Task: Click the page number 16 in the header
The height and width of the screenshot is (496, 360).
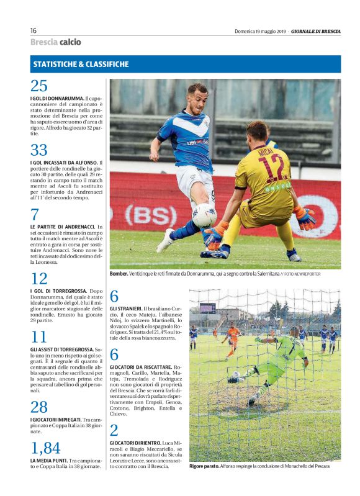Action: coord(34,30)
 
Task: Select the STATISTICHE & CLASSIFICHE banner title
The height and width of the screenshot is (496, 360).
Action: coord(81,64)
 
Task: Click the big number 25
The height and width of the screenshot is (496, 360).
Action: coord(38,86)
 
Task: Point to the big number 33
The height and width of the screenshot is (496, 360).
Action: coord(38,150)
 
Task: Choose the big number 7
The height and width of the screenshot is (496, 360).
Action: coord(35,215)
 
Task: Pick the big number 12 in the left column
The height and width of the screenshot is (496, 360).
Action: coord(38,279)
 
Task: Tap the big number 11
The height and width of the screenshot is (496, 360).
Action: coord(38,337)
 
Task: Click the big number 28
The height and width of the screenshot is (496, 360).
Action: coord(38,407)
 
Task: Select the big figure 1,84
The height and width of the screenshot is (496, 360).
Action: coord(45,448)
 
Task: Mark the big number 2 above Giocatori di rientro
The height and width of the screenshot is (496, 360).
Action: coord(114,430)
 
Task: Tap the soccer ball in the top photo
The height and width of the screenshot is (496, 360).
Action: coord(204,215)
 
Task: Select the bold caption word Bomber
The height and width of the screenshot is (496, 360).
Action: coord(119,273)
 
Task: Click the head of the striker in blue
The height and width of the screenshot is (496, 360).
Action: coord(197,95)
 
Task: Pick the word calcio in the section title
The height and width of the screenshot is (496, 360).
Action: coord(70,42)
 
